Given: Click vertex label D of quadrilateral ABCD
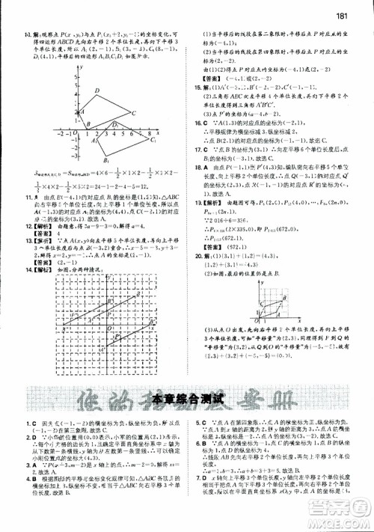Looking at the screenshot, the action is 96,91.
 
